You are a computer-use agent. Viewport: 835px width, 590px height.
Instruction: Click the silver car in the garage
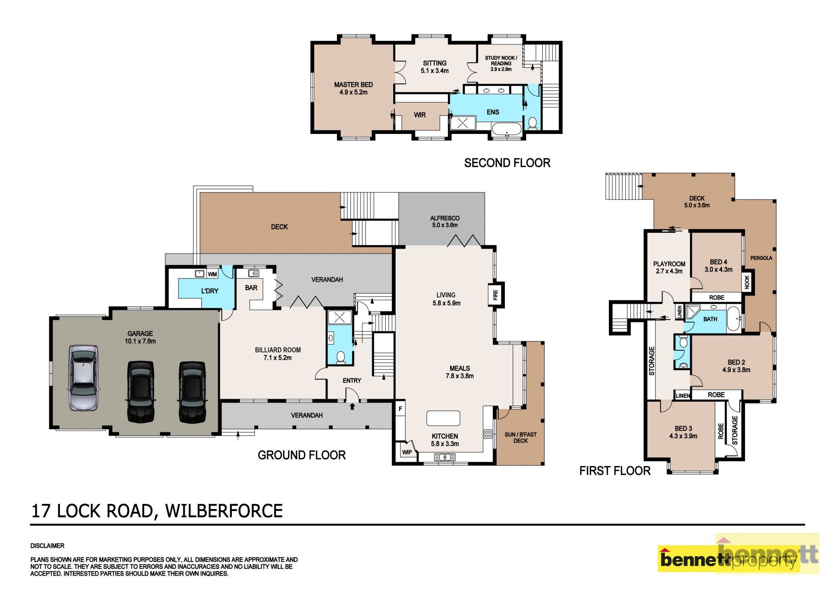coord(83,378)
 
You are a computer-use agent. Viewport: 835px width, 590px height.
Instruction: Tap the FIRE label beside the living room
coord(495,295)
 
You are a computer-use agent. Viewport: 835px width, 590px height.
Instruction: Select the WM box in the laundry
coord(212,274)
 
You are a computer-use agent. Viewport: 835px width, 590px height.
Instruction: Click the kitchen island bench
coord(443,418)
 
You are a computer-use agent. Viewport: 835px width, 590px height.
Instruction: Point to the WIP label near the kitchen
coord(407,452)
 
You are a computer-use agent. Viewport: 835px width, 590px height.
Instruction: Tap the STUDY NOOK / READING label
coord(501,63)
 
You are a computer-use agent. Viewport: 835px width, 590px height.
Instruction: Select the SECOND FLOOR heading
coord(507,163)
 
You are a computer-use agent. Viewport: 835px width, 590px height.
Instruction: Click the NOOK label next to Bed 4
coord(747,282)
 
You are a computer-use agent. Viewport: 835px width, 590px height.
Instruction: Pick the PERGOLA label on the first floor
coord(761,258)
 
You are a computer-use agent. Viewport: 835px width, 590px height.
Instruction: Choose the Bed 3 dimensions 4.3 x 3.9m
coord(683,436)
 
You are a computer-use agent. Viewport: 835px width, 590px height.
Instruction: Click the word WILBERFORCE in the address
coord(224,511)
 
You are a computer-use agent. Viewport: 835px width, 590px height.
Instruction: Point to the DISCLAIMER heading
coord(47,546)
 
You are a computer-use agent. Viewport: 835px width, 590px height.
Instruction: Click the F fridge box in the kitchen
coord(401,409)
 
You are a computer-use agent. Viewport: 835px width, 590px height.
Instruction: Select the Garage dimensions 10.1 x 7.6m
coord(140,341)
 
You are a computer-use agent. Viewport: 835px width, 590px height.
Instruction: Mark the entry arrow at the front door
coord(352,406)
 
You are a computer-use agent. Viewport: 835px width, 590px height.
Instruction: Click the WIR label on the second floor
coord(420,115)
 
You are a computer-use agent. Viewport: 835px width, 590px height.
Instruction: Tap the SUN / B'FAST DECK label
coord(521,437)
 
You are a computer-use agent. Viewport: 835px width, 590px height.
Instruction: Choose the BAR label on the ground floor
coord(251,288)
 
